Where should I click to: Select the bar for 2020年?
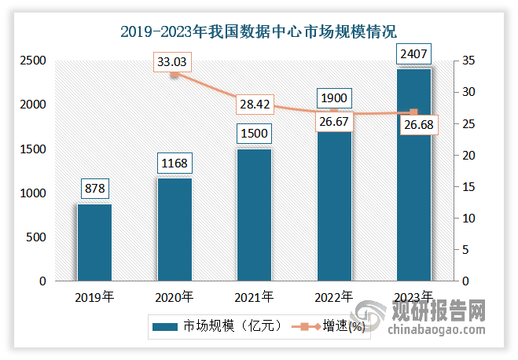175,230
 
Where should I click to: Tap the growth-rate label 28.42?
255,103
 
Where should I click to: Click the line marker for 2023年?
413,113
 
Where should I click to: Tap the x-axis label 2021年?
255,297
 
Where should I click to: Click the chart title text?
259,32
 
